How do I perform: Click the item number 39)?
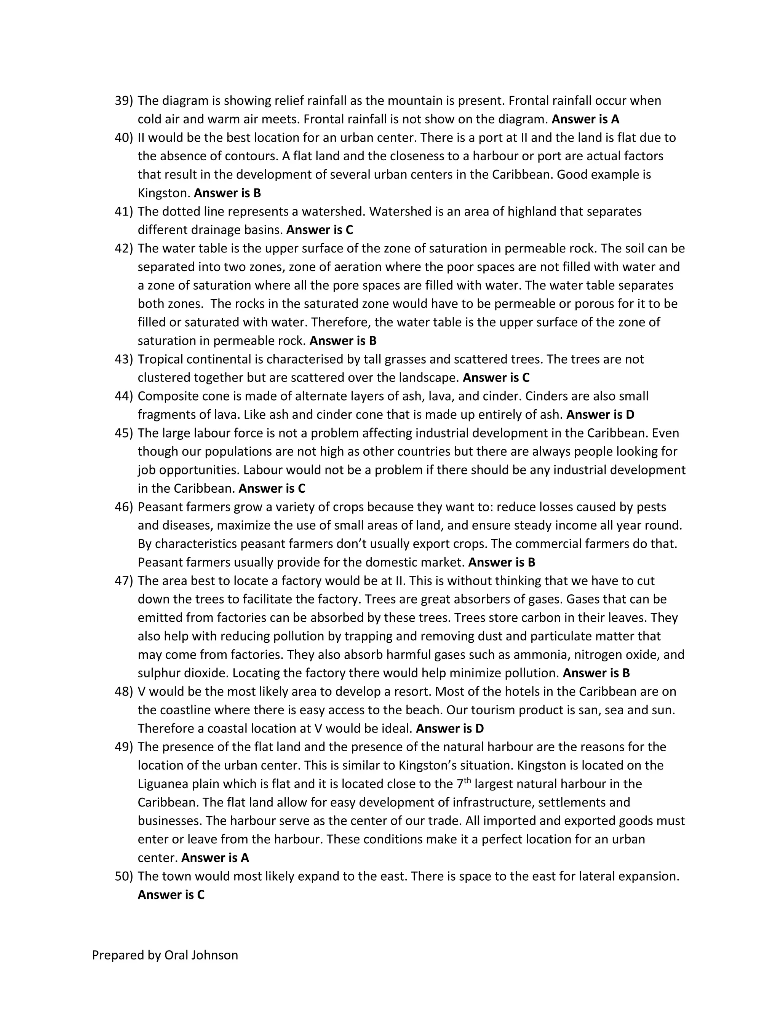(x=123, y=101)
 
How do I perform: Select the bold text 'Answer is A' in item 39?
(x=585, y=119)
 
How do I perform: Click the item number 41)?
(x=123, y=212)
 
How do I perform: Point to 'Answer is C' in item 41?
(x=319, y=230)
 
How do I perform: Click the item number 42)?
(x=123, y=249)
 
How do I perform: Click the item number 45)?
(x=123, y=433)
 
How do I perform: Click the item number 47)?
(x=123, y=581)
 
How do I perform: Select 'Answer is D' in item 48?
(x=450, y=728)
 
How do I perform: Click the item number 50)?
(x=123, y=876)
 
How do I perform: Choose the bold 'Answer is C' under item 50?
(x=171, y=895)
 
